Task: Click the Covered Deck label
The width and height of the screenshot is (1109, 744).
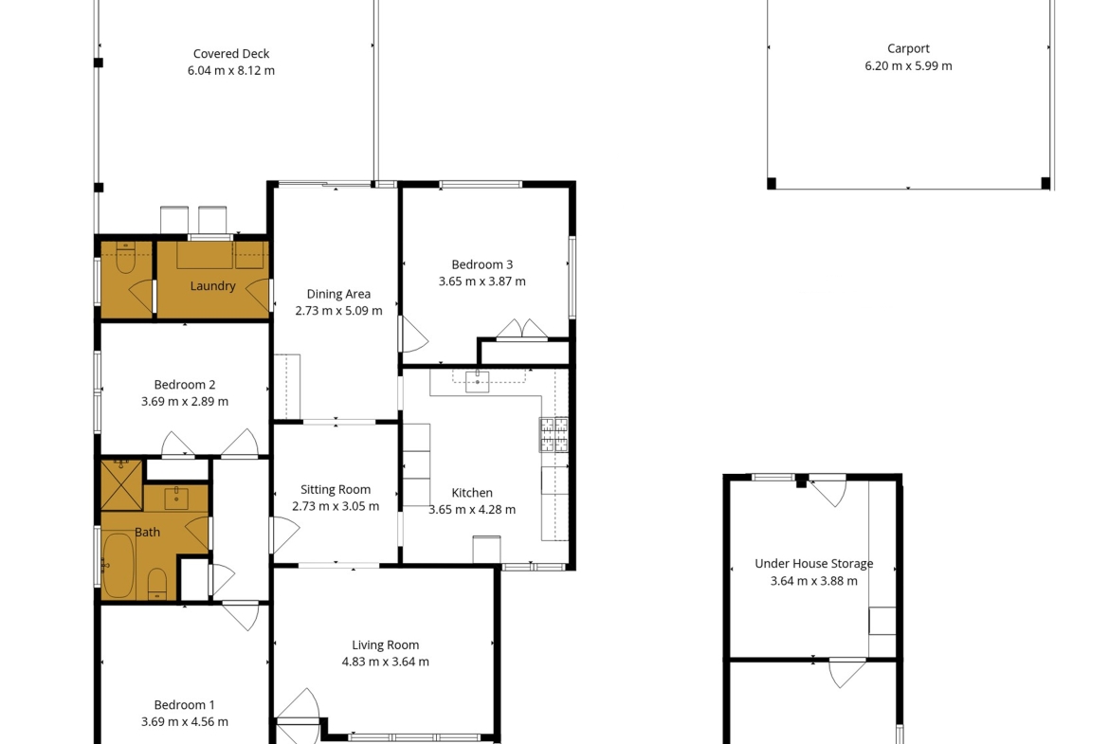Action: coord(231,54)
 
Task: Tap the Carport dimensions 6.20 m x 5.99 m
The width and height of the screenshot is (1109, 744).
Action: coord(908,65)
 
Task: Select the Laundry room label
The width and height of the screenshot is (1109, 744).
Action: coord(213,286)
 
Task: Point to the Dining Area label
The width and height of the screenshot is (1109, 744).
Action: coord(338,294)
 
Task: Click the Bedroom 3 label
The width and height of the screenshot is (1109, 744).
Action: coord(482,264)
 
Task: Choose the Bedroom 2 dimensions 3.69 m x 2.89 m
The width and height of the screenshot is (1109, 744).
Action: coord(185,402)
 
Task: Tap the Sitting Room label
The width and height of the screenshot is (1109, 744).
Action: coord(336,489)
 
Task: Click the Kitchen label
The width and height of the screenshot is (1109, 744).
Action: coord(472,493)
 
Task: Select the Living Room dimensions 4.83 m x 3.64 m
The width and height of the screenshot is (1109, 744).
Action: coord(386,662)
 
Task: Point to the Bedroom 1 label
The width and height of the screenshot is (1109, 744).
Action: coord(185,705)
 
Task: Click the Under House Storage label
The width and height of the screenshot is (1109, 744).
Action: coord(814,564)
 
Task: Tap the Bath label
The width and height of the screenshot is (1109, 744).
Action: coord(147,533)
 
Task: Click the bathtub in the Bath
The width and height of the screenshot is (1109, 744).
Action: coord(118,565)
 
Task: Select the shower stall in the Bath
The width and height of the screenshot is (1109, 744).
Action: coord(121,484)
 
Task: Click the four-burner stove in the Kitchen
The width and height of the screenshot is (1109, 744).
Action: coord(554,434)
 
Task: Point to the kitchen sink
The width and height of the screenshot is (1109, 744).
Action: coord(478,380)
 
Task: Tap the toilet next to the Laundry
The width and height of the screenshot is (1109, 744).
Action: coord(126,259)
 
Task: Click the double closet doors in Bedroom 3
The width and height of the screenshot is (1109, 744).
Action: coord(522,330)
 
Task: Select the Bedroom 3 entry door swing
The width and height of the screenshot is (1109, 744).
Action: coord(415,335)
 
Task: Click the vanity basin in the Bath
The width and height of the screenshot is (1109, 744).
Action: coord(176,498)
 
